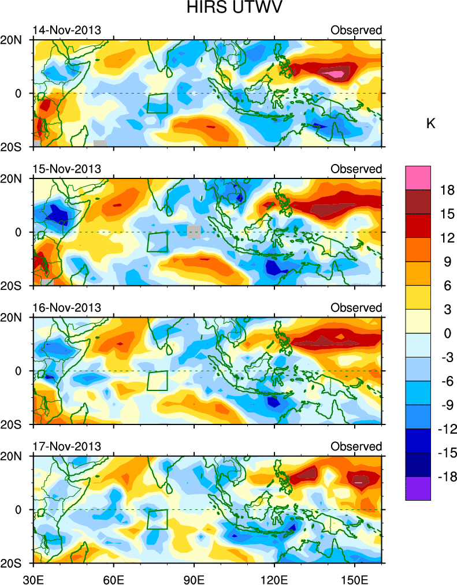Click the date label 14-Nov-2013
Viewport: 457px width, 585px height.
click(66, 30)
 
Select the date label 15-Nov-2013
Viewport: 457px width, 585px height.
click(66, 169)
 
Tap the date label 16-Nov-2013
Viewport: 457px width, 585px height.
click(66, 307)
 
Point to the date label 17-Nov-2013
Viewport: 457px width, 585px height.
click(66, 446)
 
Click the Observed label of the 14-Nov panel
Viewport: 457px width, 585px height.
click(356, 30)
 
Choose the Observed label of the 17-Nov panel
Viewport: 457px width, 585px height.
click(356, 446)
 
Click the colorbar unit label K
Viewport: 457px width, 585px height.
click(430, 124)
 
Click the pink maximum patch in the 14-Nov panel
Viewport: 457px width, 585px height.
click(336, 73)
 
